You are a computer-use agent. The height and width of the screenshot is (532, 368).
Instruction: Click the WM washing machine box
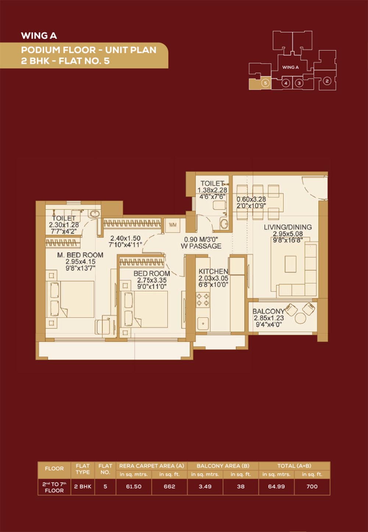pyautogui.click(x=173, y=225)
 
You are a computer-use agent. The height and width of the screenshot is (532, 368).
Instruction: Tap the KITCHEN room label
pyautogui.click(x=213, y=271)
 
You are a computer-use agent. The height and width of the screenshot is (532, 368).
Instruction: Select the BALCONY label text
pyautogui.click(x=268, y=311)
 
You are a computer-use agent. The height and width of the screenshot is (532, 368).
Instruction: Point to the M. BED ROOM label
pyautogui.click(x=80, y=255)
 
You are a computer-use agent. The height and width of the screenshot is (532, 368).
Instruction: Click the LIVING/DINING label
pyautogui.click(x=288, y=227)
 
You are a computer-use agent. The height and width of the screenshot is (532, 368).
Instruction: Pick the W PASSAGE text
pyautogui.click(x=201, y=246)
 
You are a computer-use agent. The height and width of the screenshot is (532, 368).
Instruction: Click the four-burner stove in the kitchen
pyautogui.click(x=203, y=300)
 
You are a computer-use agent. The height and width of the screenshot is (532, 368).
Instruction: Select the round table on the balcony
pyautogui.click(x=300, y=318)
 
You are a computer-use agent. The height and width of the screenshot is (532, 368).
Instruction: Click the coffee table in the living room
pyautogui.click(x=290, y=264)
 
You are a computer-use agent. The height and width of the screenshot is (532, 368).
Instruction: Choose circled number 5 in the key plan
pyautogui.click(x=265, y=83)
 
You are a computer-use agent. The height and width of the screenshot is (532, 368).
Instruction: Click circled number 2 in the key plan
pyautogui.click(x=327, y=81)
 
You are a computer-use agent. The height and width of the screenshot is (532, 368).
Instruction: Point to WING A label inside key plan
pyautogui.click(x=290, y=67)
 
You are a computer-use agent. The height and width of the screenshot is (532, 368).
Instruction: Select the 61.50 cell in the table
pyautogui.click(x=134, y=486)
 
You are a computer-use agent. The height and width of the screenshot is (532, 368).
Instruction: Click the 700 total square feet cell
pyautogui.click(x=312, y=486)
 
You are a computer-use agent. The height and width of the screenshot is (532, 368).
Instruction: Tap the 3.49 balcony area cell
pyautogui.click(x=205, y=486)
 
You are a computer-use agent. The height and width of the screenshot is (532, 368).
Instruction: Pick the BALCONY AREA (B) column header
pyautogui.click(x=223, y=466)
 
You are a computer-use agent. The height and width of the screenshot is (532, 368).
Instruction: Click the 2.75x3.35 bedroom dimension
pyautogui.click(x=152, y=280)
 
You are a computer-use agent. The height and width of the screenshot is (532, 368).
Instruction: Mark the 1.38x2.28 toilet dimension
pyautogui.click(x=212, y=190)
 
